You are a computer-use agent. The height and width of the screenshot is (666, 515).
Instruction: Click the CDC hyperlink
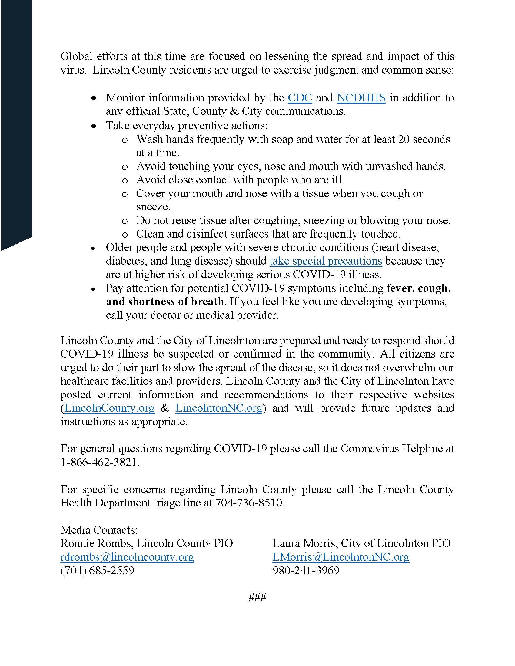click(x=300, y=97)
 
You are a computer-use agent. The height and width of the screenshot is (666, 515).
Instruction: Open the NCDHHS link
click(x=361, y=97)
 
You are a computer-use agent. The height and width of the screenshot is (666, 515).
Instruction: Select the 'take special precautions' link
click(x=326, y=261)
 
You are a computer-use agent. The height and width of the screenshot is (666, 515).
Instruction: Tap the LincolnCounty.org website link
click(x=109, y=408)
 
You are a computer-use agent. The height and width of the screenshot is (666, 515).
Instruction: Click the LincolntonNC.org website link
click(x=219, y=408)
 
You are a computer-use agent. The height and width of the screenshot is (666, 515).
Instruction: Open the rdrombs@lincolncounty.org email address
click(x=127, y=557)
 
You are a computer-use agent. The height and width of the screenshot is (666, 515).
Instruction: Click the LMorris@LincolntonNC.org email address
click(x=341, y=557)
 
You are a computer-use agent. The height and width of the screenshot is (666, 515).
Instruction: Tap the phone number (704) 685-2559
click(x=97, y=570)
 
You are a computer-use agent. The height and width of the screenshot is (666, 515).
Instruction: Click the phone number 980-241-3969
click(x=306, y=570)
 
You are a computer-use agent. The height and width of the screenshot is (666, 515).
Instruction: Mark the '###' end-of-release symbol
click(x=257, y=597)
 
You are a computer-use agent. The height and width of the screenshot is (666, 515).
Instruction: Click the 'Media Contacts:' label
click(x=99, y=530)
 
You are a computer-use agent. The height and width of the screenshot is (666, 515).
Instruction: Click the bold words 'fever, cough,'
click(x=419, y=288)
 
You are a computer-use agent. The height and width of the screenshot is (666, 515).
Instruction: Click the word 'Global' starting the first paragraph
click(x=76, y=56)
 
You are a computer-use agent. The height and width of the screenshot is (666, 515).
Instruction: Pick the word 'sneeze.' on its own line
click(x=153, y=207)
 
